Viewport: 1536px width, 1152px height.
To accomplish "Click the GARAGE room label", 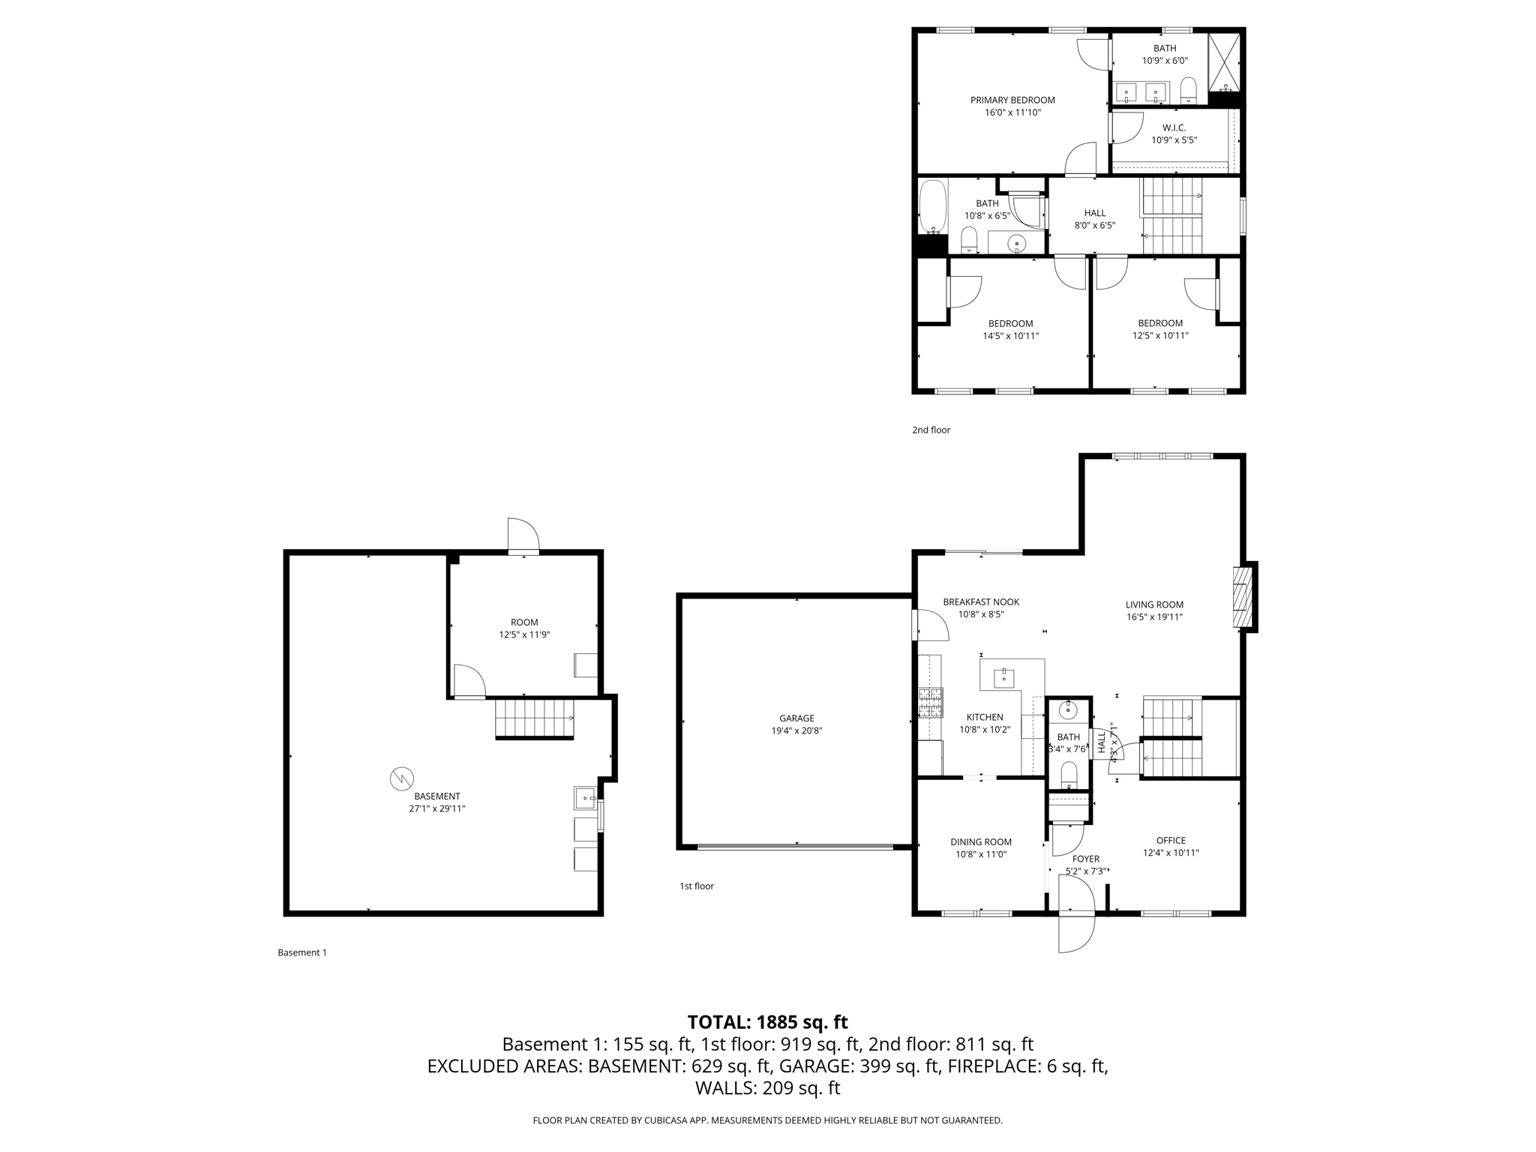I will (x=796, y=718).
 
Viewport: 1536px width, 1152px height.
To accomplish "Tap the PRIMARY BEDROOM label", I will (x=1012, y=100).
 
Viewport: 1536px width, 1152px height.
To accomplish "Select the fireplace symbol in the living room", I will (x=1242, y=597).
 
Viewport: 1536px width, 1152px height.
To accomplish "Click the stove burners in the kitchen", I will (x=931, y=703).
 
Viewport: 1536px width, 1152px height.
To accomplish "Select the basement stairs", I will (x=534, y=718).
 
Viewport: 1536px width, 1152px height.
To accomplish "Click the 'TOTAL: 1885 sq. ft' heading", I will (x=767, y=1021).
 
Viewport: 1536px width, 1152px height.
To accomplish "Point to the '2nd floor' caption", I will (x=931, y=430).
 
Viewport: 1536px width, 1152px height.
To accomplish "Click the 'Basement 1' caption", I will (x=302, y=952).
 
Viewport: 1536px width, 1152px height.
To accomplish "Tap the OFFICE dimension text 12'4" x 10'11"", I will (x=1171, y=853).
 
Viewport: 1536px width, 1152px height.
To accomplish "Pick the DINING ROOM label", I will (x=981, y=841).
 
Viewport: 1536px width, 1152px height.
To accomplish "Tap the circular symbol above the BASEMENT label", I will (x=402, y=778).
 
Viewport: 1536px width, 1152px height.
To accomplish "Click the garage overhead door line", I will (x=795, y=847).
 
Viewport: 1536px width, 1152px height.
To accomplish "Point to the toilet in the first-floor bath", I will (x=1069, y=773).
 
